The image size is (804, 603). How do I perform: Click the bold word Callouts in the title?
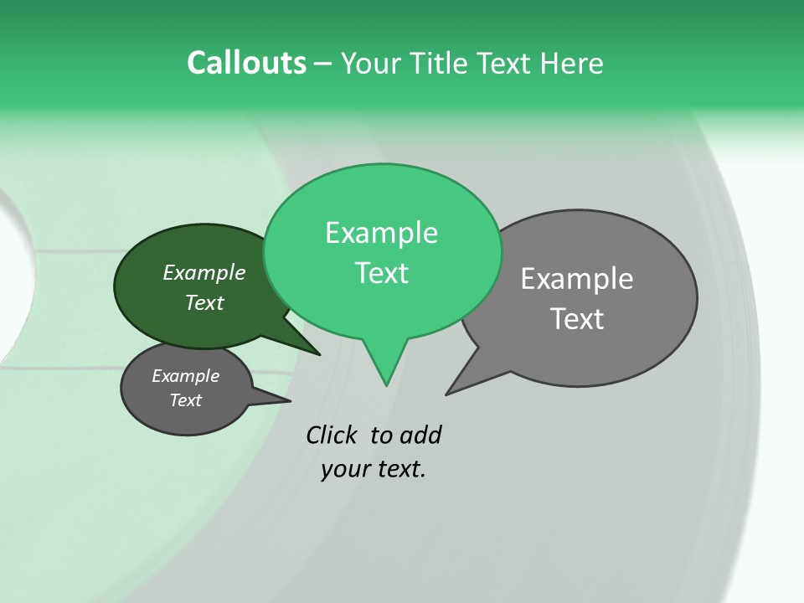coord(246,63)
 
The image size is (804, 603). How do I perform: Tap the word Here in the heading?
coord(572,64)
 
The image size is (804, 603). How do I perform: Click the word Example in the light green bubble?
coord(381,233)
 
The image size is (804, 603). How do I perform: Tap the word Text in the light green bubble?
coord(382,273)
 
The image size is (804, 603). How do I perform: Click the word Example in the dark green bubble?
coord(204,272)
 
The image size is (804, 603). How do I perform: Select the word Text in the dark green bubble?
coord(204,302)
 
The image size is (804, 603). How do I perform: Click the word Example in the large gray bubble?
coord(576,279)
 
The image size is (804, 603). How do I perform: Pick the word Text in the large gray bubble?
coord(577,319)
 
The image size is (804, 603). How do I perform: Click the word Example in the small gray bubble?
coord(185,376)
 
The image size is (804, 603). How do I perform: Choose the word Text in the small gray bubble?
coord(185,400)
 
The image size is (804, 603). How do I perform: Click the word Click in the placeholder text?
coord(331,435)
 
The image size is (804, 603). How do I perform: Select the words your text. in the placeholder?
coord(373,469)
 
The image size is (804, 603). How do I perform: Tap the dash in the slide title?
coord(323,64)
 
